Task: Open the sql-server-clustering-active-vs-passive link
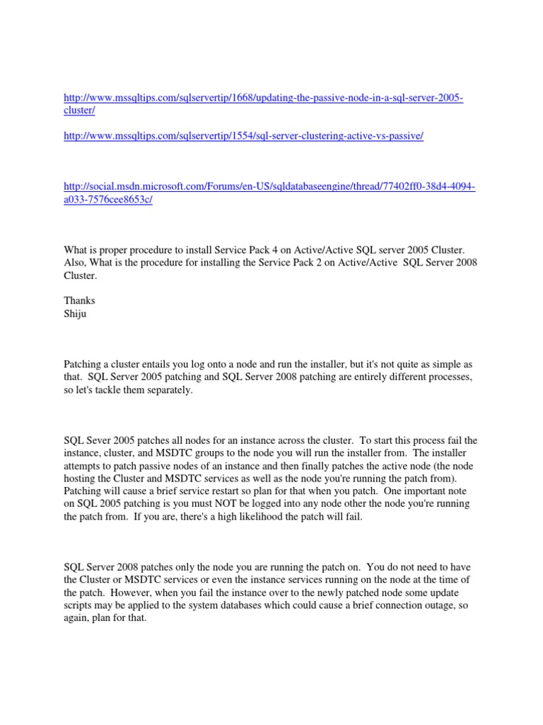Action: coord(243,136)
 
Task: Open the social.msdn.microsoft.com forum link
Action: coord(269,186)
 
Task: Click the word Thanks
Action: coord(79,300)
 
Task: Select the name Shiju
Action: coord(75,313)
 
